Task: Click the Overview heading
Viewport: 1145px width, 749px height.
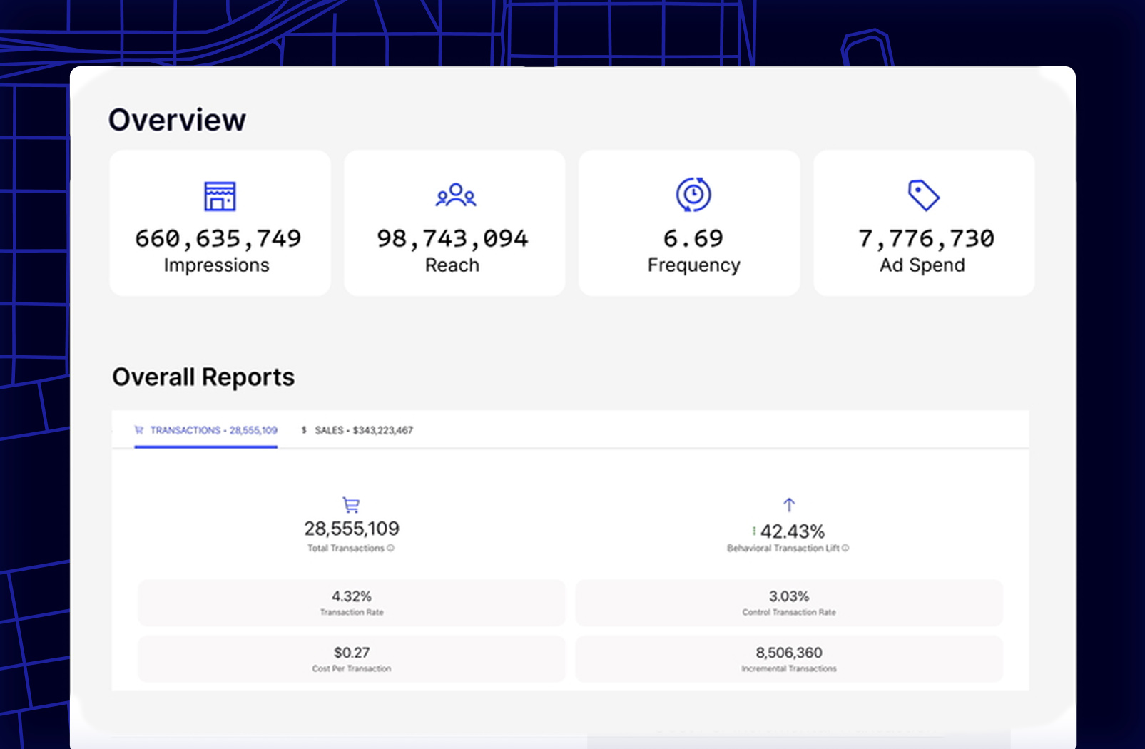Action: pyautogui.click(x=177, y=120)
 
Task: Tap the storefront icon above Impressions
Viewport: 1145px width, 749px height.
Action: pyautogui.click(x=220, y=196)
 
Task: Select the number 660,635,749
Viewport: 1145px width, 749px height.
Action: pyautogui.click(x=218, y=238)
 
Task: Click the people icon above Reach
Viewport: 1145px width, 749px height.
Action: pyautogui.click(x=456, y=195)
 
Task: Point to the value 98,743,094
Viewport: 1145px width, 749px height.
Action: pyautogui.click(x=453, y=238)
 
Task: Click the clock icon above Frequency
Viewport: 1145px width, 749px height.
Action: pyautogui.click(x=693, y=195)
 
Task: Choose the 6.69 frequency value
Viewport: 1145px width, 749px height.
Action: pyautogui.click(x=693, y=238)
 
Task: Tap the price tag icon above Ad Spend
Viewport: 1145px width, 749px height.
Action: pyautogui.click(x=923, y=195)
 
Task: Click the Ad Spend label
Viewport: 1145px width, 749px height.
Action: pyautogui.click(x=922, y=265)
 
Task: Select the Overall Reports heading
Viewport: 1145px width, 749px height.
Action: pyautogui.click(x=203, y=377)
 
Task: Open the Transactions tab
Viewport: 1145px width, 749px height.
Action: pyautogui.click(x=206, y=430)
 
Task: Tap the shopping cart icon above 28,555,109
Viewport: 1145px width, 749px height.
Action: pyautogui.click(x=351, y=505)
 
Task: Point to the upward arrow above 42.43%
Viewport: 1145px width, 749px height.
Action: pyautogui.click(x=789, y=505)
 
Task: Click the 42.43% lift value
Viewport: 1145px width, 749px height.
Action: pyautogui.click(x=792, y=531)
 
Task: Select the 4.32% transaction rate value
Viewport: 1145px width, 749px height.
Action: pyautogui.click(x=352, y=596)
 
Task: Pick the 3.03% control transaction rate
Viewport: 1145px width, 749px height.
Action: pyautogui.click(x=789, y=596)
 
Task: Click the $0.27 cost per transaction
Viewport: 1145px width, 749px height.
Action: pyautogui.click(x=352, y=653)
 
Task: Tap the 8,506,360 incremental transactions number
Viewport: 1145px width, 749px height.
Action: pyautogui.click(x=789, y=653)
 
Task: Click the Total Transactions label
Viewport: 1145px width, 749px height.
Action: pyautogui.click(x=346, y=549)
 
